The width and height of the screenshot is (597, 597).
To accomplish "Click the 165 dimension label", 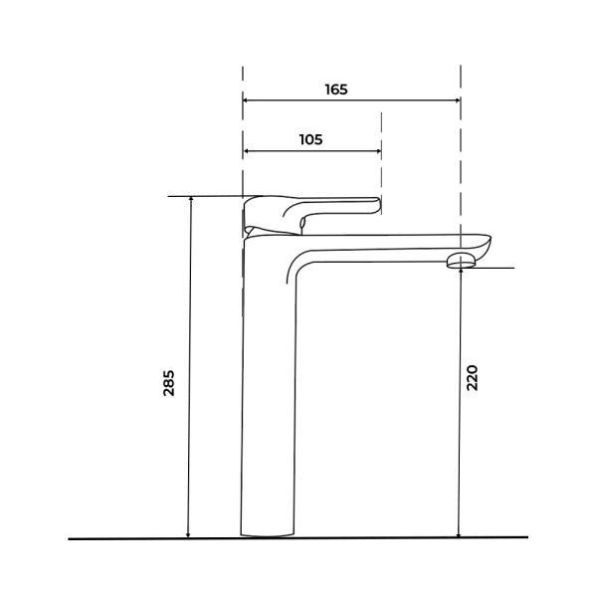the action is (x=336, y=90).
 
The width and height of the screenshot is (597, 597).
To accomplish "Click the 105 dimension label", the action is (x=311, y=139).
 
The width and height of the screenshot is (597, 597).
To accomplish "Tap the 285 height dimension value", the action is (x=168, y=383).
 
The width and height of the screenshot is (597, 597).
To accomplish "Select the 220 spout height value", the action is (x=472, y=378).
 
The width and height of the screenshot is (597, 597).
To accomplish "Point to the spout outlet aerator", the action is (x=462, y=262).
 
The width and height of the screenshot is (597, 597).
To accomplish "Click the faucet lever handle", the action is (x=311, y=214).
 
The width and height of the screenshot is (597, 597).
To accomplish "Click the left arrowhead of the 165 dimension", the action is (x=246, y=100).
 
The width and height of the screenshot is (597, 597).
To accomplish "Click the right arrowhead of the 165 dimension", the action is (x=458, y=100).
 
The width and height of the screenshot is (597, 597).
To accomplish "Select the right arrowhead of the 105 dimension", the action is (x=378, y=151).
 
